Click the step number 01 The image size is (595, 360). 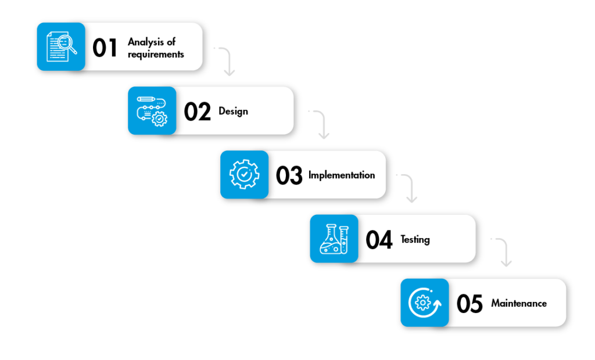[105, 48]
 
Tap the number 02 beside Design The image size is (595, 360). [197, 111]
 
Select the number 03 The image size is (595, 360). [289, 175]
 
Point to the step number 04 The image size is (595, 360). [379, 239]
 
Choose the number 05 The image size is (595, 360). [469, 303]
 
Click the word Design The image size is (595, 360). [233, 111]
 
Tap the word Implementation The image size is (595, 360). [342, 175]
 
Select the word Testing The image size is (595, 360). [415, 239]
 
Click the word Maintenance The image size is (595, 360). [519, 303]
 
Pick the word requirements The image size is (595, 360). [156, 54]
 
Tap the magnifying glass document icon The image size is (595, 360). [61, 46]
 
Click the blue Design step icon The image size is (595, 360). [152, 111]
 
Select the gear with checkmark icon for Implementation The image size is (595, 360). [244, 175]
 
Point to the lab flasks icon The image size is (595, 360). [334, 239]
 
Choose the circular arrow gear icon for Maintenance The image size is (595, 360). [424, 303]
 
